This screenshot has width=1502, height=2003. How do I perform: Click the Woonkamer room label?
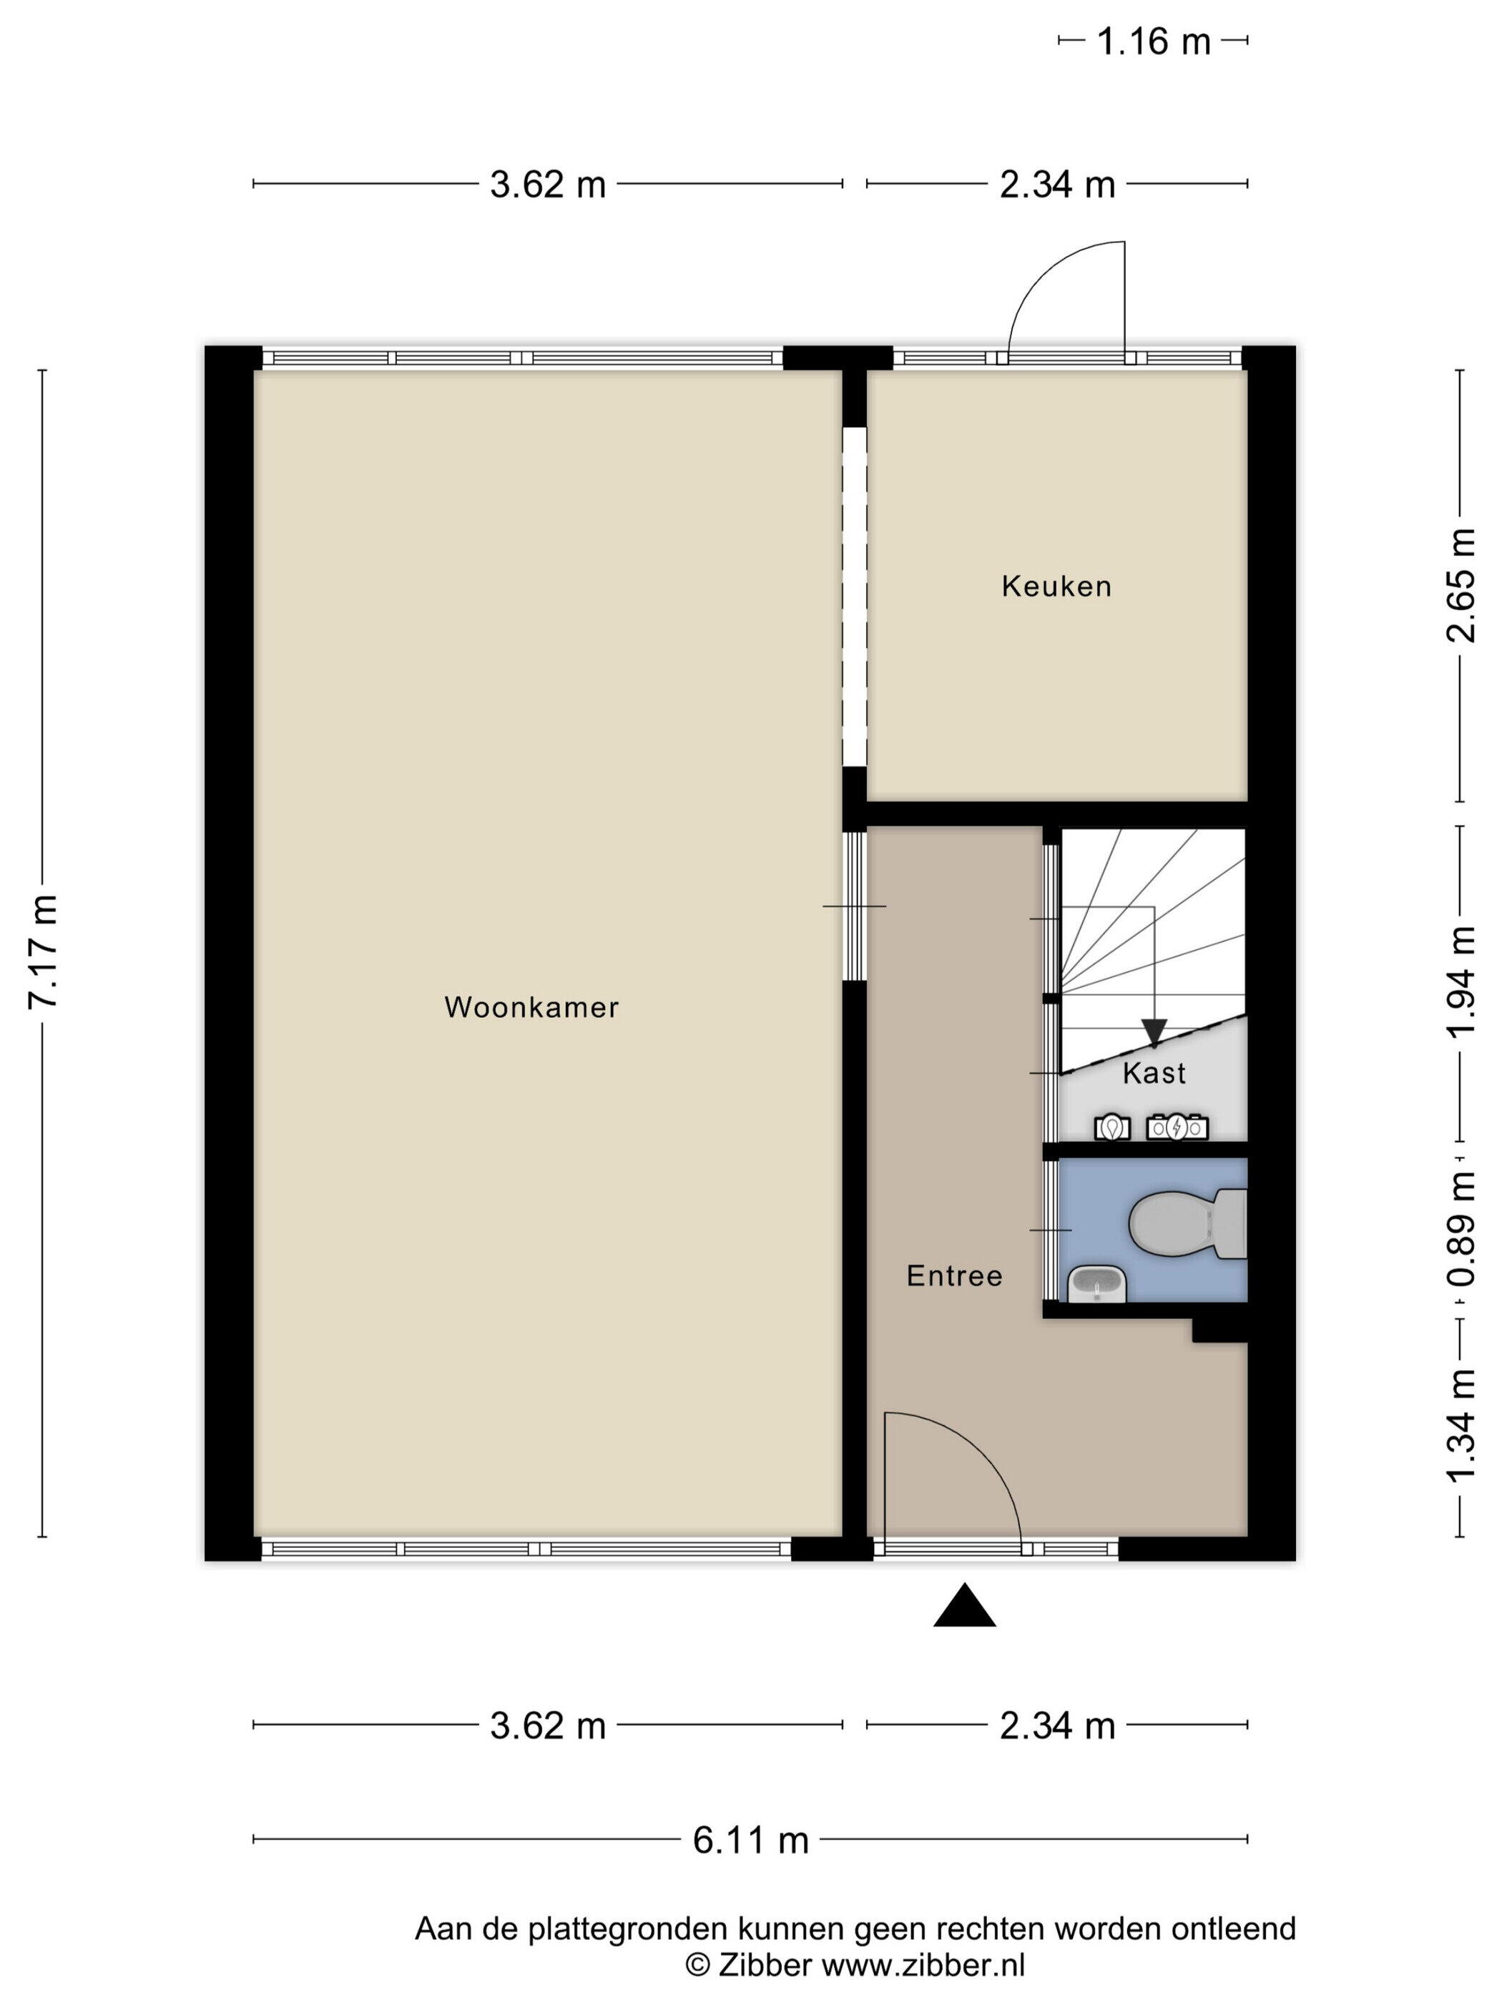(x=531, y=1007)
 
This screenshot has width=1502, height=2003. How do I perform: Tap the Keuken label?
(x=1056, y=587)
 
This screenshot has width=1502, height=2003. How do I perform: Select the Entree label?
(x=954, y=1277)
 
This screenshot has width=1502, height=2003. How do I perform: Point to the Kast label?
(x=1154, y=1073)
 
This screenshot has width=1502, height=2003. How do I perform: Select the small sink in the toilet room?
(x=1097, y=1284)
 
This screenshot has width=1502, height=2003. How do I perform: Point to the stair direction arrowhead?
(x=1154, y=1032)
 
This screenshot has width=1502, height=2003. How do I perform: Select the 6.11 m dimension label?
(x=750, y=1841)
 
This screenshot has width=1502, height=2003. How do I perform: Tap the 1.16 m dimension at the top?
(x=1154, y=41)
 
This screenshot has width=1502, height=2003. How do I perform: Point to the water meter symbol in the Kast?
(x=1111, y=1127)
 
